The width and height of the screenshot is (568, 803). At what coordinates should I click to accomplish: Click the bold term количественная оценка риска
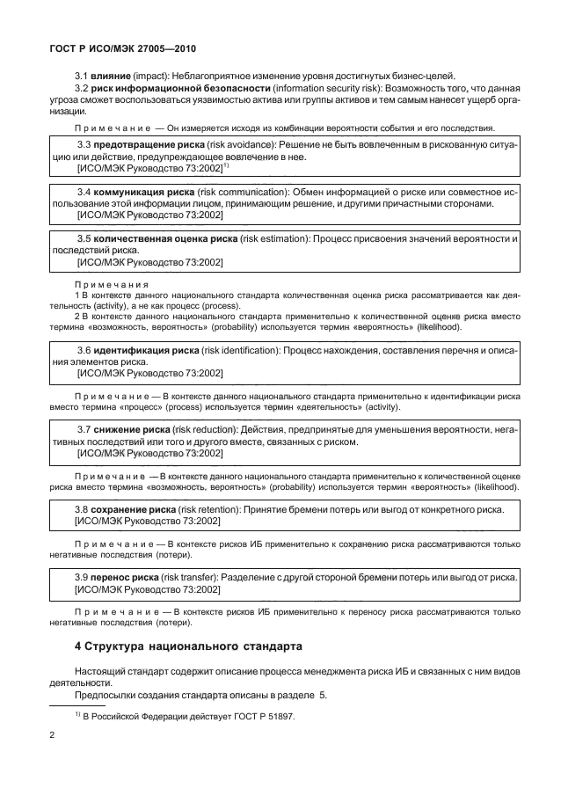(x=165, y=238)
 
